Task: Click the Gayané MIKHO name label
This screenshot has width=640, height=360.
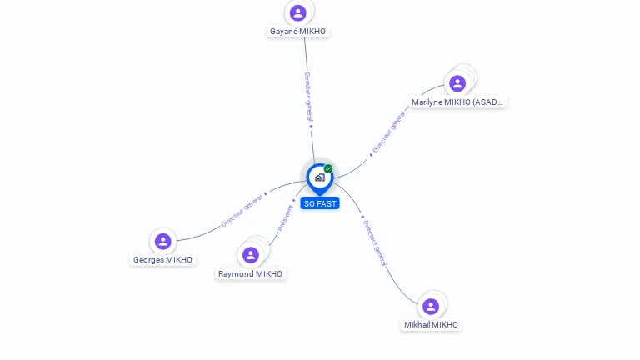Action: pos(298,32)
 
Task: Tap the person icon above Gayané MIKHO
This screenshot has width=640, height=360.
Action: pos(298,13)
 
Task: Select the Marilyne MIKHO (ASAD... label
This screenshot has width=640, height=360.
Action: pos(457,102)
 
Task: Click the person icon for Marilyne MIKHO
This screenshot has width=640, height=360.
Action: pos(457,83)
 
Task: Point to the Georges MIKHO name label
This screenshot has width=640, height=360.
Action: pos(162,260)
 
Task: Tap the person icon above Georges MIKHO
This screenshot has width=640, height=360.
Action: pos(163,242)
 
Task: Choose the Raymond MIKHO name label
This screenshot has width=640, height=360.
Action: pos(250,274)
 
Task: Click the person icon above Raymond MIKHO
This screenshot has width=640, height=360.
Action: pos(251,255)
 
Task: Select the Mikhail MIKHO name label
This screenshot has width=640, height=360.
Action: pos(431,325)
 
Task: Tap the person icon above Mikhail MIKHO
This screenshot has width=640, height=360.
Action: pos(431,307)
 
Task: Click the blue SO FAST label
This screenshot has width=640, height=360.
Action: pos(320,203)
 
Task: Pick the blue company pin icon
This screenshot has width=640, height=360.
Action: pos(319,177)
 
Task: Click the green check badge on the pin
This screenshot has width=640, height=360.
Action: pos(328,169)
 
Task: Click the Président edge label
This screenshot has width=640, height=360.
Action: pos(285,218)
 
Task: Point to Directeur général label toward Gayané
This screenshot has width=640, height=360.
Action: pos(307,97)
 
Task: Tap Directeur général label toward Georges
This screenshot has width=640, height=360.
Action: pos(242,210)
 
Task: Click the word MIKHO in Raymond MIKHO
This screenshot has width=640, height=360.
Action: pos(268,274)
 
